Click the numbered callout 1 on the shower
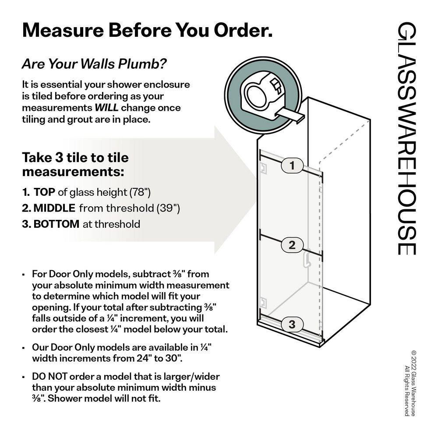(292, 166)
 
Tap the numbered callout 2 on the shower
(292, 245)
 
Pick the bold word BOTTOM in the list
(57, 224)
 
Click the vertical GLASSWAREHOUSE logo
(406, 138)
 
